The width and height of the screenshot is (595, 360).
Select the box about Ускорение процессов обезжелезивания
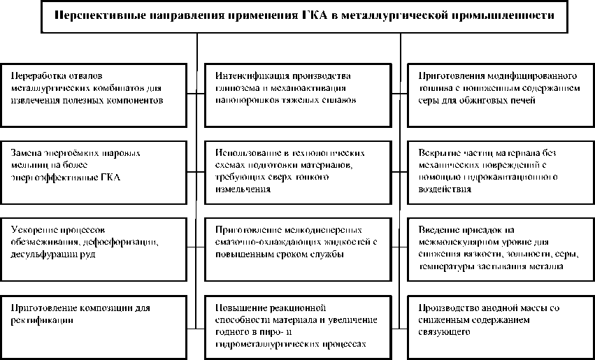[94, 244]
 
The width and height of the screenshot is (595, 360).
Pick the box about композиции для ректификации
[94, 322]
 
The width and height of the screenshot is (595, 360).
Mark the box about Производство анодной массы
[499, 322]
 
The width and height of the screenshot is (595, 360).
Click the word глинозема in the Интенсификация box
[238, 87]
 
